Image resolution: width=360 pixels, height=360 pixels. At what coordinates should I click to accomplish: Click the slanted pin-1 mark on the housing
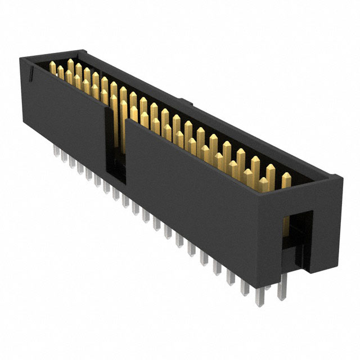(33, 71)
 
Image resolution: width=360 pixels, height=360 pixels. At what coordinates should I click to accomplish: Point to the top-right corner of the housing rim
(340, 178)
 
